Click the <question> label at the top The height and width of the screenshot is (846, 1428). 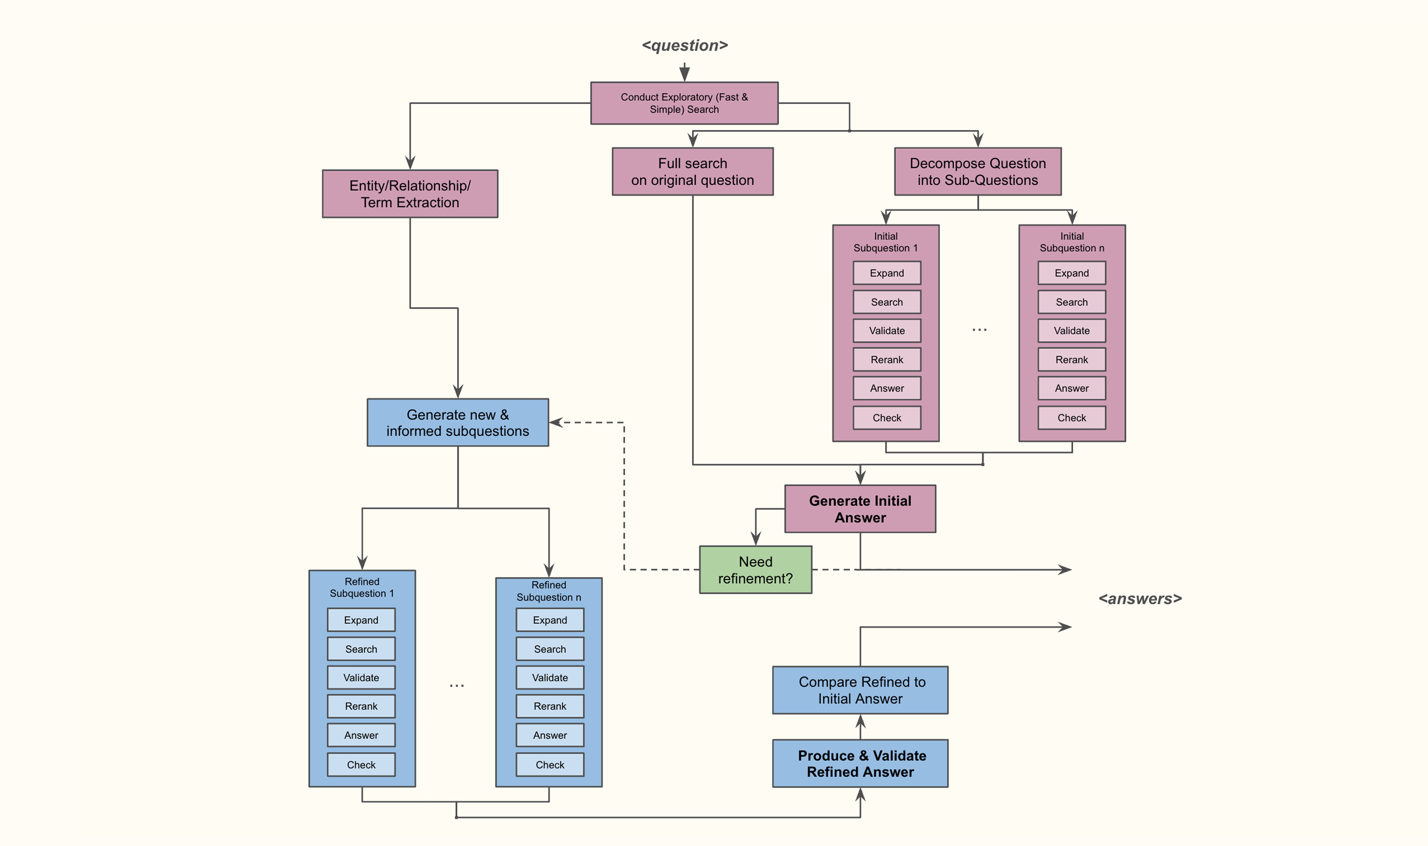coord(685,46)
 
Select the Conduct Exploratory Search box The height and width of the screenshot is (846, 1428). coord(684,103)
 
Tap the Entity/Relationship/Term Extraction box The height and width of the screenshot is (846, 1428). coord(410,194)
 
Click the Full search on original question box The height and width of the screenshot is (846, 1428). coord(693,172)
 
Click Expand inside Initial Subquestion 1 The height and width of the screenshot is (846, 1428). coord(887,273)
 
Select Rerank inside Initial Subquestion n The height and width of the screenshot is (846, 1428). coord(1071,360)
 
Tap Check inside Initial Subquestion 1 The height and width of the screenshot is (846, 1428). coord(887,418)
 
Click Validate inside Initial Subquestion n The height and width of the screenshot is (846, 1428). coord(1071,331)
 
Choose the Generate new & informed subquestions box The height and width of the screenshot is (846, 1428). coord(458,422)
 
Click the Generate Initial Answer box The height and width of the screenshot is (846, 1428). coord(860,509)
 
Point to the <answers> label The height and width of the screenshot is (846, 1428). coord(1140,599)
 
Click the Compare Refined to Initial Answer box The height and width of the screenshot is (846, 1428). coord(860,690)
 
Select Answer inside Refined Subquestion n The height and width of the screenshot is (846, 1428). coord(550,735)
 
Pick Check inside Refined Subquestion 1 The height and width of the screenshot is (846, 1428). coord(361,765)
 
